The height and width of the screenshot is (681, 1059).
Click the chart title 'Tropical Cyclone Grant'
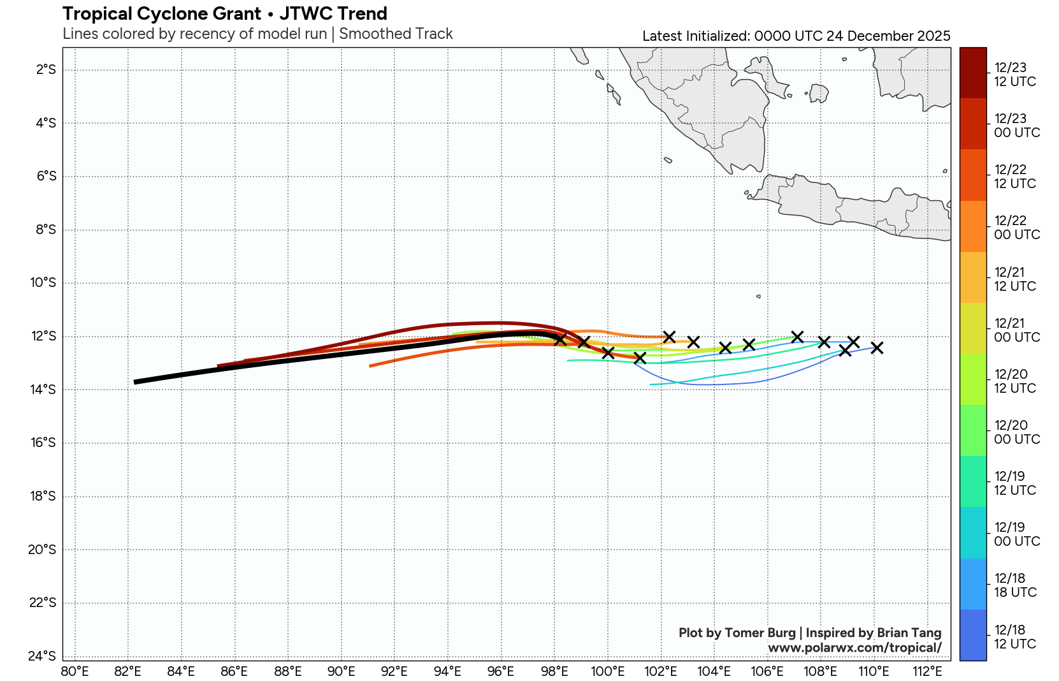[162, 13]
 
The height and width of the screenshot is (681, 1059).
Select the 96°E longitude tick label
[501, 671]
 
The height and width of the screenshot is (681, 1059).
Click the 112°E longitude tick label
[927, 671]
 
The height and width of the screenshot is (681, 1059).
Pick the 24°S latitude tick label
[43, 656]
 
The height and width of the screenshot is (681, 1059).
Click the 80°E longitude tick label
[75, 671]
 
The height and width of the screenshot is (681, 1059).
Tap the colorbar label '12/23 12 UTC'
[1015, 75]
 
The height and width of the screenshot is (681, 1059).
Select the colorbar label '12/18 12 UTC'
[1015, 637]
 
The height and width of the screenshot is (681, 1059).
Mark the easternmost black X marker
[877, 348]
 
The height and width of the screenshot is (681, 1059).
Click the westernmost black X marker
[560, 339]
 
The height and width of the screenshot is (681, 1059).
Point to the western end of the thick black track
[136, 382]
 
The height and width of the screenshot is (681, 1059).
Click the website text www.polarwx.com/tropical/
[854, 648]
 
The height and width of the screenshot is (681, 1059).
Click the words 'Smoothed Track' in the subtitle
[396, 34]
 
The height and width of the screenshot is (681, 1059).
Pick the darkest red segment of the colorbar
[973, 73]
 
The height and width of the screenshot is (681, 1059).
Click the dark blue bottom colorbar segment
[973, 635]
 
